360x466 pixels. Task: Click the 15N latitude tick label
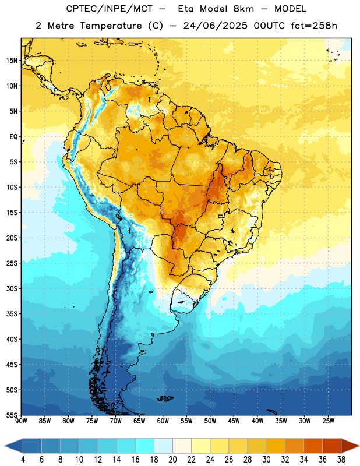(x=12, y=61)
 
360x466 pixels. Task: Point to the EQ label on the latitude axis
(x=13, y=137)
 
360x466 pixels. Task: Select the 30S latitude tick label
(x=12, y=288)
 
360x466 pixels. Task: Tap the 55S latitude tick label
(x=12, y=415)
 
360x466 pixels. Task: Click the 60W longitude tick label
(x=163, y=421)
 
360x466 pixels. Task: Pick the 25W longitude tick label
(x=328, y=421)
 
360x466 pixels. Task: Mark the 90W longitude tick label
(x=22, y=421)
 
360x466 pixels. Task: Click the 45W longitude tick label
(x=234, y=421)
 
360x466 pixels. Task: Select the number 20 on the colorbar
(x=172, y=460)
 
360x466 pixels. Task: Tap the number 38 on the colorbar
(x=341, y=460)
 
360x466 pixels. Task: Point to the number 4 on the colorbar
(x=23, y=460)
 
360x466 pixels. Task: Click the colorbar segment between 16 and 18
(x=145, y=446)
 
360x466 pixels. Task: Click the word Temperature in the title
(x=111, y=26)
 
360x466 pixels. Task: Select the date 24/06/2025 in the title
(x=215, y=26)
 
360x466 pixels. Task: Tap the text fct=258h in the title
(x=314, y=26)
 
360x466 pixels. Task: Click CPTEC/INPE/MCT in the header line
(x=110, y=9)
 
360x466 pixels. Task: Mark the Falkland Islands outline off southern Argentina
(x=165, y=398)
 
